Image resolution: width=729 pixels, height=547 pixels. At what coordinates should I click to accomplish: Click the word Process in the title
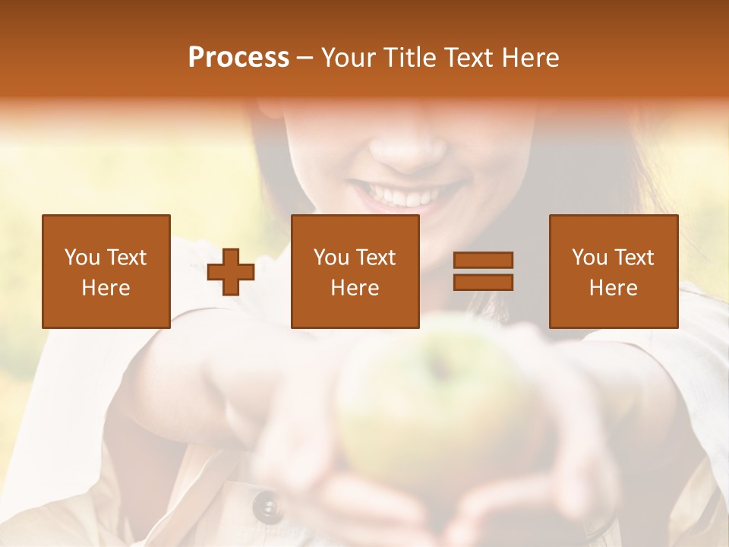(x=238, y=58)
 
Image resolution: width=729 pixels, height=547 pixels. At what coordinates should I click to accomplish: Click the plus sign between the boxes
(x=231, y=272)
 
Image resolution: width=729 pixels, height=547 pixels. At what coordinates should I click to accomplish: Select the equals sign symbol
(x=483, y=271)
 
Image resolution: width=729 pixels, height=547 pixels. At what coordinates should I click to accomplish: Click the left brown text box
(x=106, y=271)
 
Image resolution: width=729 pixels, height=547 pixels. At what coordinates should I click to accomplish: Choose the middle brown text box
(x=355, y=271)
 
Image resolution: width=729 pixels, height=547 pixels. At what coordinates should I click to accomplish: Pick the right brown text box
(x=613, y=271)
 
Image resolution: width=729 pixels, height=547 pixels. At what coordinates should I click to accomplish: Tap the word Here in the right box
(x=613, y=288)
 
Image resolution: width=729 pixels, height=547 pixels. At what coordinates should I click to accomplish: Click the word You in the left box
(x=82, y=258)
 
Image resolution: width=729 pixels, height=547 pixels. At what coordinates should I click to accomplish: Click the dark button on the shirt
(x=267, y=505)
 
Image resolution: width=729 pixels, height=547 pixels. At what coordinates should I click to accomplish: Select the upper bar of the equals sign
(x=483, y=261)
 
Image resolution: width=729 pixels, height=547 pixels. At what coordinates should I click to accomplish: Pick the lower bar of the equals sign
(x=483, y=282)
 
